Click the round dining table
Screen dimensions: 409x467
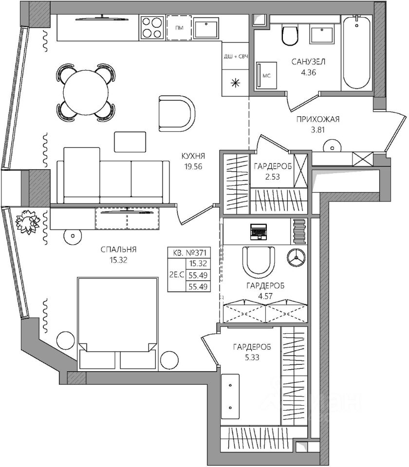pyautogui.click(x=86, y=92)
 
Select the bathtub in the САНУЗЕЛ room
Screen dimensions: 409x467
pyautogui.click(x=357, y=53)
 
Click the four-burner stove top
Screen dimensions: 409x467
pyautogui.click(x=152, y=28)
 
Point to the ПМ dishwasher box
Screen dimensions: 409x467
pyautogui.click(x=179, y=28)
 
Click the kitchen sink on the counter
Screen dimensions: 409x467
pyautogui.click(x=206, y=28)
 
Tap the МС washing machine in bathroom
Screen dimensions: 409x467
pyautogui.click(x=266, y=75)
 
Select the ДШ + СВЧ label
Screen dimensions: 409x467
pyautogui.click(x=236, y=56)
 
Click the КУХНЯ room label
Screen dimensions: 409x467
pyautogui.click(x=193, y=156)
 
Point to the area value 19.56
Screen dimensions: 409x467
pyautogui.click(x=193, y=167)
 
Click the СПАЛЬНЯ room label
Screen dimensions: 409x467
pyautogui.click(x=119, y=249)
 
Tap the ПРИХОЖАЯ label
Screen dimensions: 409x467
pyautogui.click(x=318, y=120)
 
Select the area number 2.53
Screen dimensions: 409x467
pyautogui.click(x=273, y=177)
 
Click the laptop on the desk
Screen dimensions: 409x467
pyautogui.click(x=259, y=232)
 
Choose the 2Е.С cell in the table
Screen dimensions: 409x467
pyautogui.click(x=177, y=274)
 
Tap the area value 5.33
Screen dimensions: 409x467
pyautogui.click(x=252, y=358)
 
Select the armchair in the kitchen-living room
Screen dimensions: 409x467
pyautogui.click(x=177, y=113)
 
